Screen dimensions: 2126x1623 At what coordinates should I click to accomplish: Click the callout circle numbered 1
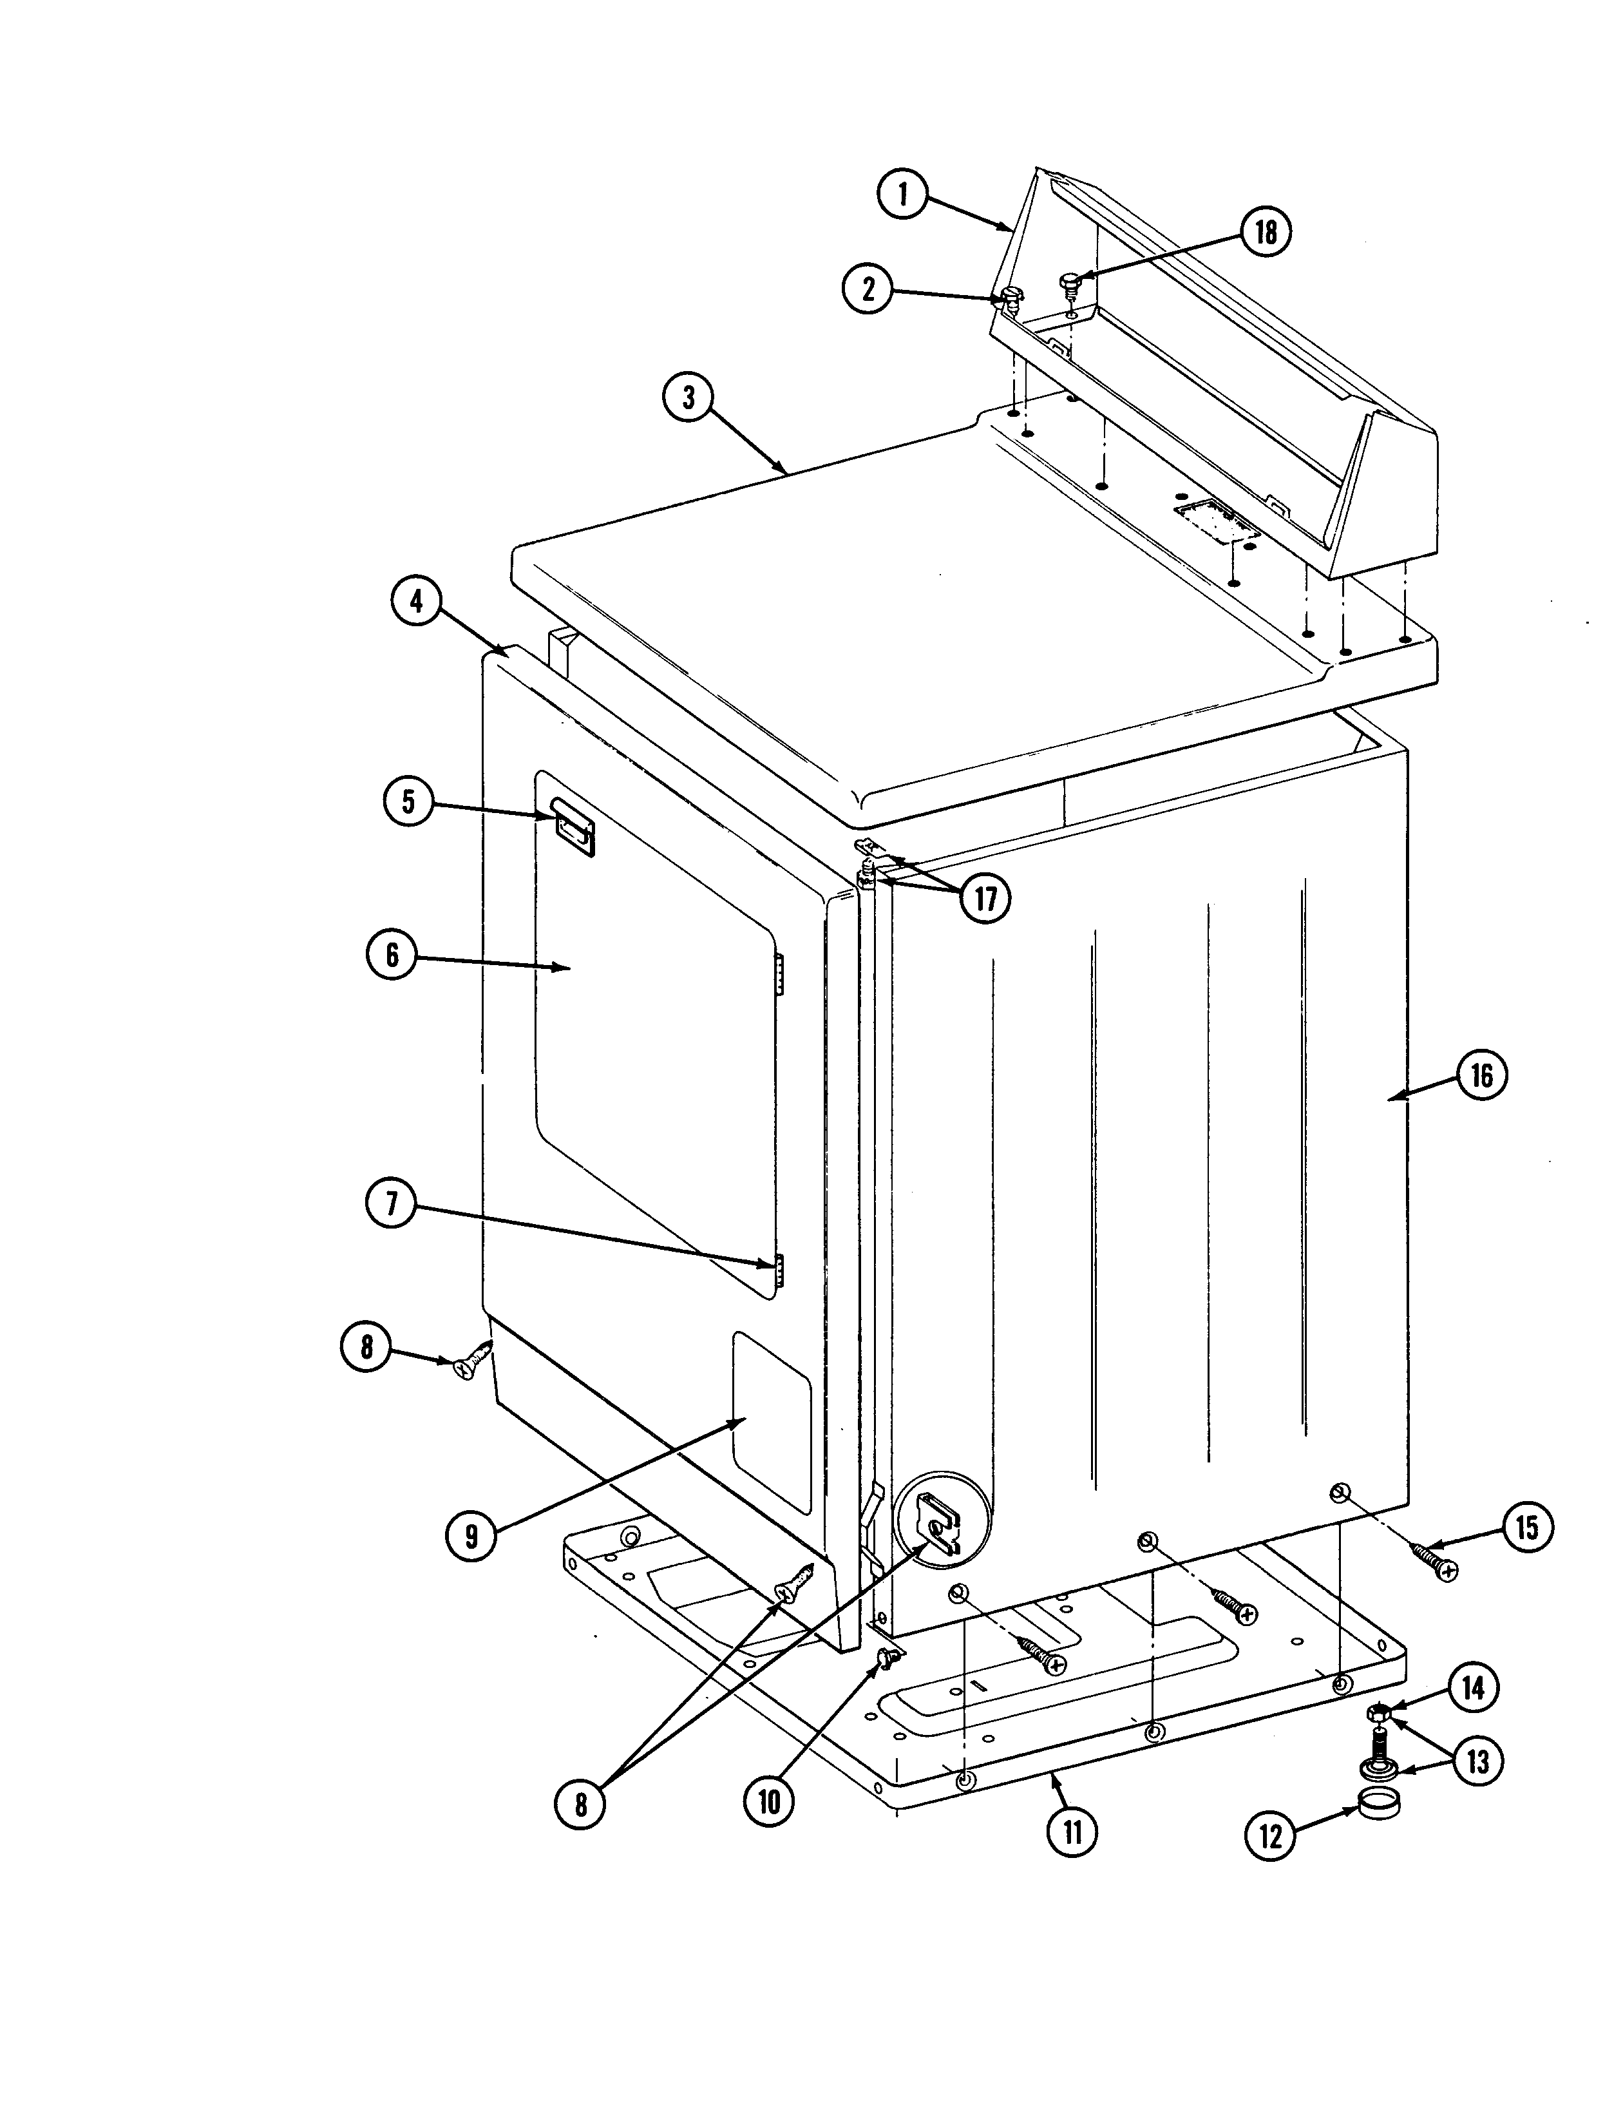pyautogui.click(x=902, y=195)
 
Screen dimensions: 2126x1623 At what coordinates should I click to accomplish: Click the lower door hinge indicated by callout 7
pyautogui.click(x=775, y=1274)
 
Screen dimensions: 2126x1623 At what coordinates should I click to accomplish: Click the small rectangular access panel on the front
pyautogui.click(x=771, y=1421)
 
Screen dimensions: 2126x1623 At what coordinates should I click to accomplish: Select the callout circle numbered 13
pyautogui.click(x=1478, y=1761)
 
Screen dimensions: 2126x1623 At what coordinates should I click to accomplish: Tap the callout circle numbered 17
pyautogui.click(x=984, y=899)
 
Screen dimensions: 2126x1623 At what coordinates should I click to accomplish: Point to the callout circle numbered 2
pyautogui.click(x=868, y=288)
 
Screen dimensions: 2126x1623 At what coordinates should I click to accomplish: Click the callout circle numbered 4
pyautogui.click(x=415, y=601)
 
